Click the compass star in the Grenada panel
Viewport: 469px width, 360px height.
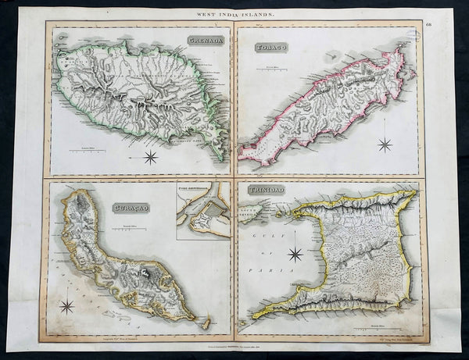[150, 157]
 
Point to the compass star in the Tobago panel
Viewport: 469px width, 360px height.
[385, 144]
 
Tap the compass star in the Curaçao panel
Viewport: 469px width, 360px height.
[66, 306]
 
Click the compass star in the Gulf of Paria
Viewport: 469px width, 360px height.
[295, 254]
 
